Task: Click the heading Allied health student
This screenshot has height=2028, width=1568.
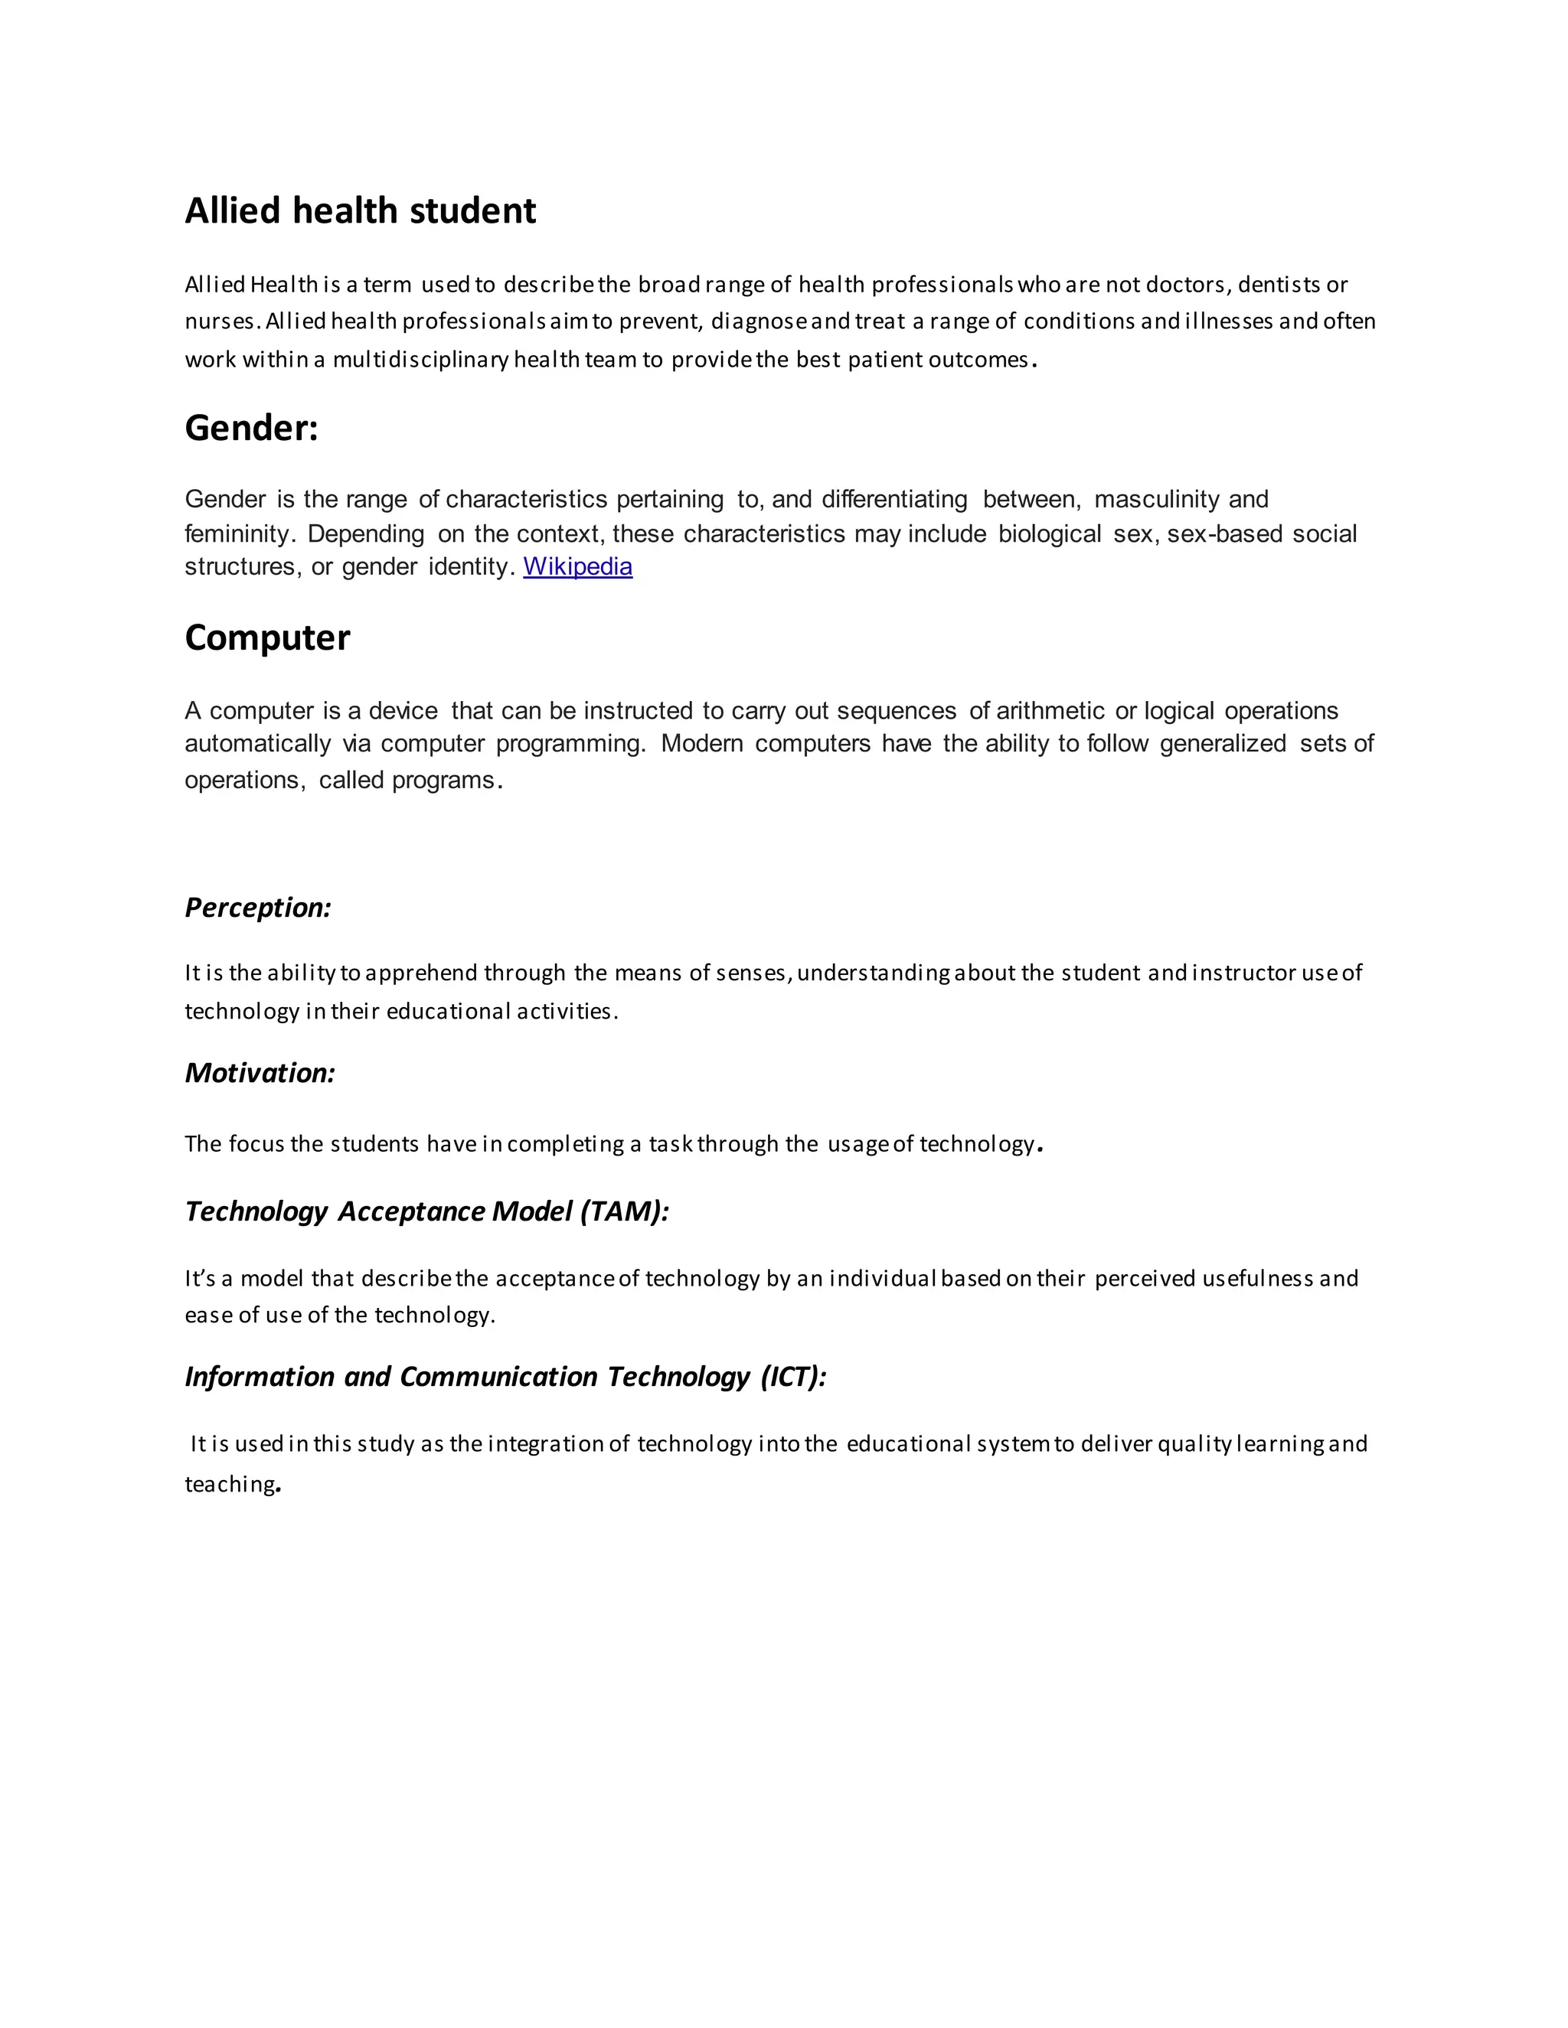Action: pos(360,210)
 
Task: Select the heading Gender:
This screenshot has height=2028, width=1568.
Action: pos(251,428)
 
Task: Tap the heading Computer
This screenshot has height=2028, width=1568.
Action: pos(266,638)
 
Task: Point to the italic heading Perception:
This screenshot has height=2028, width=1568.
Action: pos(257,907)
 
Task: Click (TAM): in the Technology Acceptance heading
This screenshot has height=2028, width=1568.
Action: pos(623,1211)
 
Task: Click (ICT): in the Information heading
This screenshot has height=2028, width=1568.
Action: pos(792,1376)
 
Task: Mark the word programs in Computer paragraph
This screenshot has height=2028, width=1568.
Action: pos(443,780)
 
